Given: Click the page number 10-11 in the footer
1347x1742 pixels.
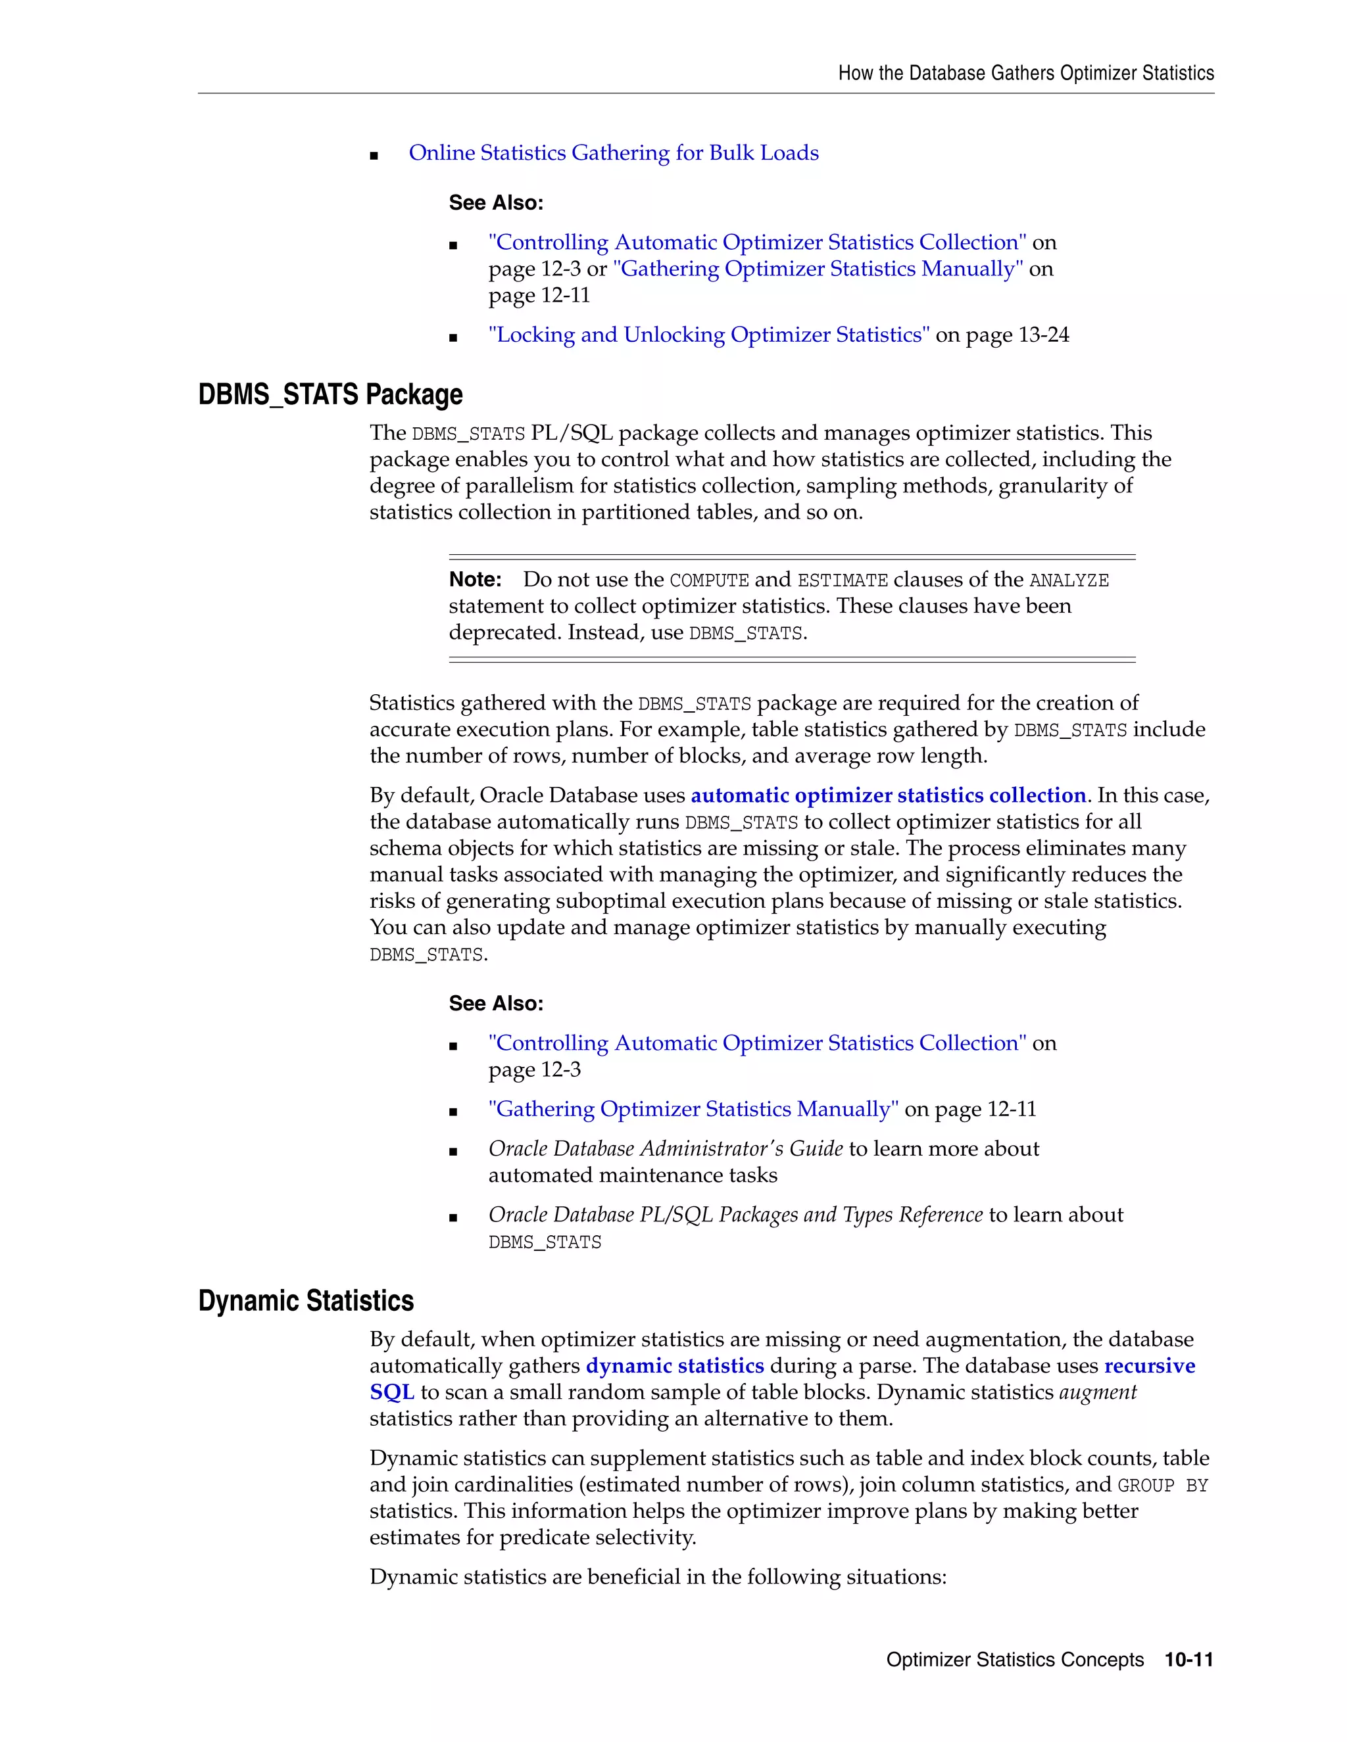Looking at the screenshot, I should click(x=1188, y=1660).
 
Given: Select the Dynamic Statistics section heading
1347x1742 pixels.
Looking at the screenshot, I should click(x=306, y=1301).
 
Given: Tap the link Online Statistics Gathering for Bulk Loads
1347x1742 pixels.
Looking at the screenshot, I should click(x=613, y=153).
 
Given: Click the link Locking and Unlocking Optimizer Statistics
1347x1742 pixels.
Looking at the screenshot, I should click(x=708, y=335).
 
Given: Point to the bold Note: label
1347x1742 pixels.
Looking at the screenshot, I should click(x=475, y=580).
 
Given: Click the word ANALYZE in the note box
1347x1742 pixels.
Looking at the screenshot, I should click(x=1069, y=580).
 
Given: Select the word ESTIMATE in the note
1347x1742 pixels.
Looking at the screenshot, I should click(x=842, y=580).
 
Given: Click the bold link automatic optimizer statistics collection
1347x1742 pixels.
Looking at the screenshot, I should click(x=887, y=796).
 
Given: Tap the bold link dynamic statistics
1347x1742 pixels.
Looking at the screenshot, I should click(x=674, y=1367).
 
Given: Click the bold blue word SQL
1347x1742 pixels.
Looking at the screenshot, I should click(x=391, y=1393).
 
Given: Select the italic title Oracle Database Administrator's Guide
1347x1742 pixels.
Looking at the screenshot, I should click(x=666, y=1148).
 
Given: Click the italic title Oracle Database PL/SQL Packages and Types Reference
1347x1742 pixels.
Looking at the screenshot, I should click(x=735, y=1215).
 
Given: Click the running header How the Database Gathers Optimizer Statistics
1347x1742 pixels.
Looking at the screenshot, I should click(x=1025, y=74).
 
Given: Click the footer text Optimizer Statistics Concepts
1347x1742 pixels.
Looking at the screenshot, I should click(x=1014, y=1660).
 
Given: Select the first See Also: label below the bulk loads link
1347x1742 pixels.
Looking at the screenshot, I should click(x=495, y=203).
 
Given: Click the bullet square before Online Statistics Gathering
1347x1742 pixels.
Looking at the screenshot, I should click(x=374, y=156).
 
